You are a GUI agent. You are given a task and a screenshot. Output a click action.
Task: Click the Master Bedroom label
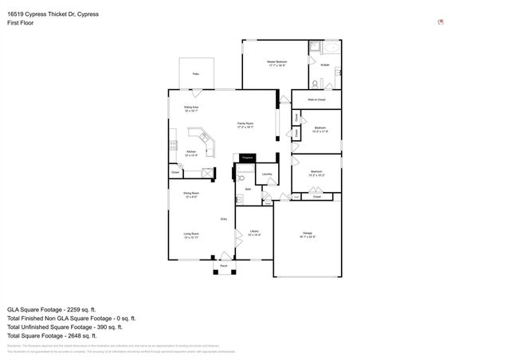(277, 61)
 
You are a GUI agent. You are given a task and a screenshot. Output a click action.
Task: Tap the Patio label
(195, 74)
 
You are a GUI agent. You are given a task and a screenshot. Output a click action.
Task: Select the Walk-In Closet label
(316, 99)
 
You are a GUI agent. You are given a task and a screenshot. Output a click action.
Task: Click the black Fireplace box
(247, 159)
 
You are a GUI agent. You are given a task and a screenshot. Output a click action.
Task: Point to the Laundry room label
(267, 174)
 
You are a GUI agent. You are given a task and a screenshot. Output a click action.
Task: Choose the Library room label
(255, 233)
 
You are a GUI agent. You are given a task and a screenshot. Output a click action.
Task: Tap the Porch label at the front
(225, 265)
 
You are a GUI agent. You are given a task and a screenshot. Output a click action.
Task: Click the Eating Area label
(191, 108)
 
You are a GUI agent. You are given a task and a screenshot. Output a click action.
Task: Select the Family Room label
(245, 124)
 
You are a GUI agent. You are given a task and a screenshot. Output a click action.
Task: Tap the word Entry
(224, 218)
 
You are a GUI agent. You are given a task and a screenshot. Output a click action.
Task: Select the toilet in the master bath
(337, 72)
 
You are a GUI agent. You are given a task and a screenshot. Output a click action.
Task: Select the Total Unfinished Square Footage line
(65, 327)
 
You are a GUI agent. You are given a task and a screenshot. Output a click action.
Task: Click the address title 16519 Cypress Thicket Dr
(54, 14)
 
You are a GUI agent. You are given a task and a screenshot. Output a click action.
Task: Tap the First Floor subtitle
(21, 23)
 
